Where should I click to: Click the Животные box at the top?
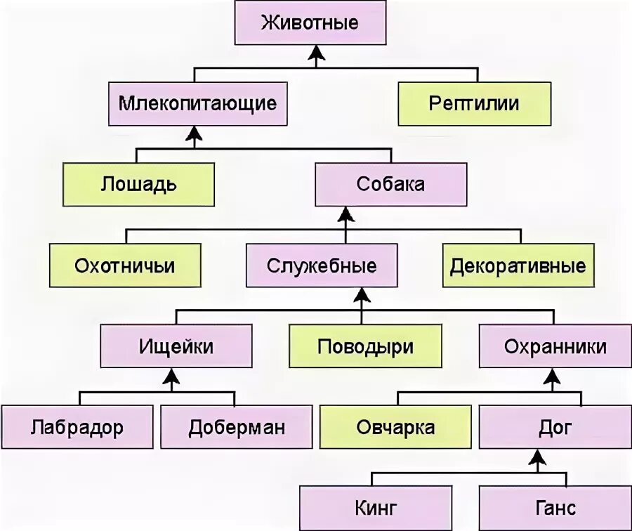pos(310,22)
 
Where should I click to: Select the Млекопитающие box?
pos(198,104)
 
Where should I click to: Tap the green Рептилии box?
pos(475,104)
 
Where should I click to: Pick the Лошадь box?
pos(138,185)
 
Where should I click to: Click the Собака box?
pos(390,185)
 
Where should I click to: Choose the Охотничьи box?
pos(125,265)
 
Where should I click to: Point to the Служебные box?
pos(322,265)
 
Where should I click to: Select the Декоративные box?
pos(518,265)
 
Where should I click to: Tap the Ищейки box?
pos(176,346)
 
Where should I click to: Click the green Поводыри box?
pos(365,346)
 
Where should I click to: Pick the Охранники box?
pos(555,346)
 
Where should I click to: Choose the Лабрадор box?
pos(77,427)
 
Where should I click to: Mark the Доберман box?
pos(237,427)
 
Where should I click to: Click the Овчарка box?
pos(395,427)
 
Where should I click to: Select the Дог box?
pos(555,427)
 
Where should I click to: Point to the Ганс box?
pos(555,507)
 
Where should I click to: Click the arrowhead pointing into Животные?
pos(317,53)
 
